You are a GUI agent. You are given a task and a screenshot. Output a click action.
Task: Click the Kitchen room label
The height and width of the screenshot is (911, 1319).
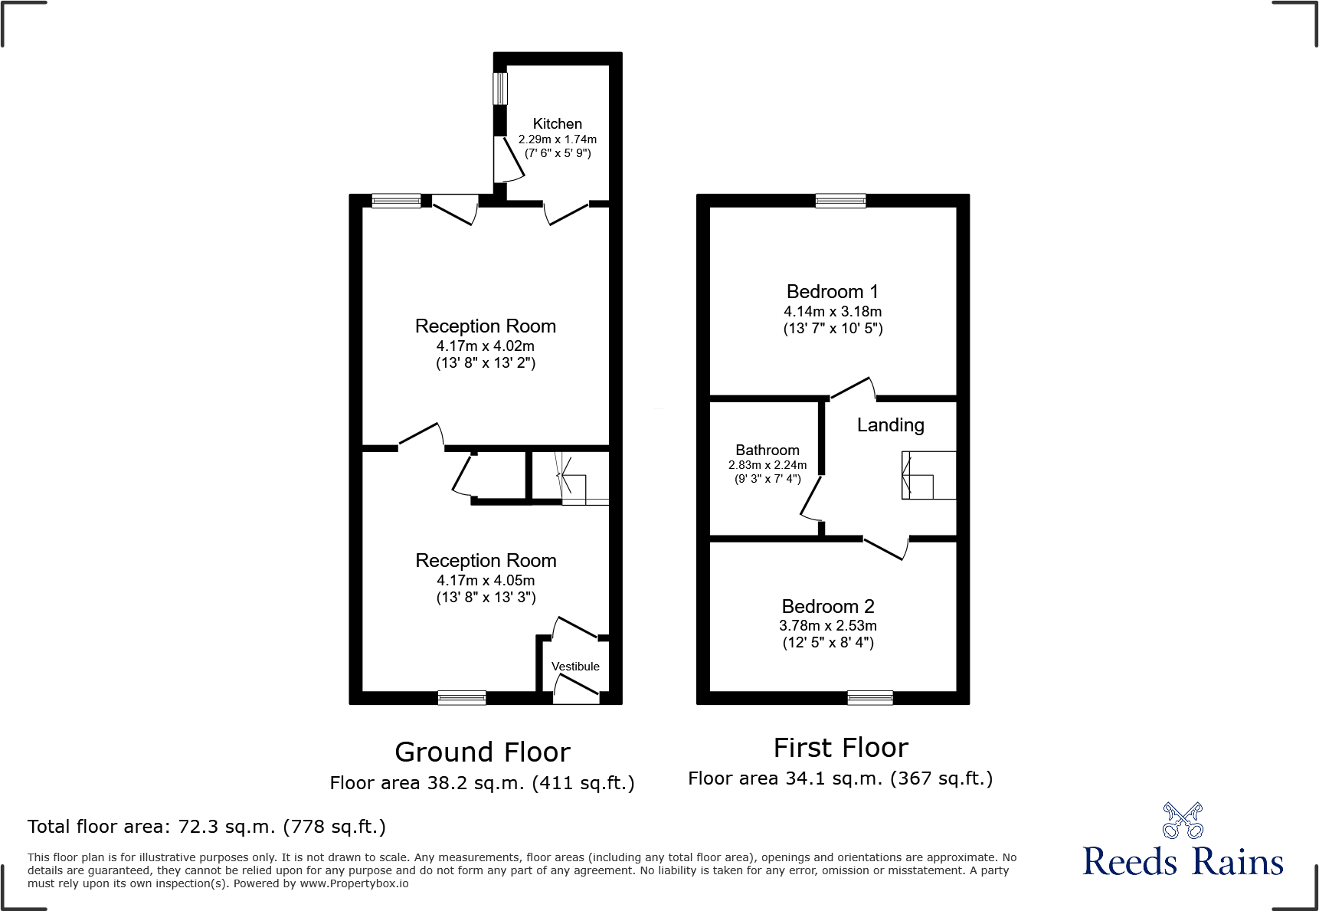(x=557, y=124)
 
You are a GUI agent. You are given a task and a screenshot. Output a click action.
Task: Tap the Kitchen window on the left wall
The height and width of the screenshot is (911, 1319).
(x=500, y=88)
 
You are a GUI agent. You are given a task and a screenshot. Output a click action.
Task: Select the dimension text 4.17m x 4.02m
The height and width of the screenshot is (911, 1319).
(x=486, y=346)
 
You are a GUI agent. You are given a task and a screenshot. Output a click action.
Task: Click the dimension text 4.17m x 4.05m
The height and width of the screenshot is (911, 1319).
(x=486, y=581)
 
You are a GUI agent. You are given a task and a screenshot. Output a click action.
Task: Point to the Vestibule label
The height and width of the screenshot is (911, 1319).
(x=575, y=667)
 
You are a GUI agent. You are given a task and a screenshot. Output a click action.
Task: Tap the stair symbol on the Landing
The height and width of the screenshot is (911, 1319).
(x=928, y=476)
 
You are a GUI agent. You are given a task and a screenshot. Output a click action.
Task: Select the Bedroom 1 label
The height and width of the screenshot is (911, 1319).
(x=832, y=292)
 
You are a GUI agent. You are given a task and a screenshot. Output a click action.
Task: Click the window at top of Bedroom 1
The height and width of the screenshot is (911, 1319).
(x=840, y=201)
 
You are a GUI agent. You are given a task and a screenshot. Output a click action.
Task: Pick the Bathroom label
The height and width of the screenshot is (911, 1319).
(x=767, y=451)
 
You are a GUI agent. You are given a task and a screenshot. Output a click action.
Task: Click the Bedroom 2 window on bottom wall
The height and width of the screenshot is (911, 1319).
(x=869, y=697)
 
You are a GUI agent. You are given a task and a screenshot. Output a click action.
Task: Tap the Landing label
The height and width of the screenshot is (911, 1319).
(x=890, y=425)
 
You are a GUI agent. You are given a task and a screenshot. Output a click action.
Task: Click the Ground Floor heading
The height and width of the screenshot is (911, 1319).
(x=483, y=752)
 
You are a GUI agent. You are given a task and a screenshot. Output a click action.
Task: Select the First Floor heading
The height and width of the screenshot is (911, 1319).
(x=840, y=748)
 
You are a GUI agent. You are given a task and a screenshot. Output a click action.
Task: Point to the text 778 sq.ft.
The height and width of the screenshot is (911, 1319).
(x=334, y=827)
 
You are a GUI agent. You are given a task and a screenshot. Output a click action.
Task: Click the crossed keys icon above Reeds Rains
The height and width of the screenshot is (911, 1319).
(x=1183, y=821)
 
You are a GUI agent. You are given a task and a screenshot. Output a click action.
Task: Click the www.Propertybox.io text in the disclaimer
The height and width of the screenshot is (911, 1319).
(x=354, y=883)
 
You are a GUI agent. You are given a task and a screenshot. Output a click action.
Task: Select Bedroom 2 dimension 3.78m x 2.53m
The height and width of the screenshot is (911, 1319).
(x=827, y=626)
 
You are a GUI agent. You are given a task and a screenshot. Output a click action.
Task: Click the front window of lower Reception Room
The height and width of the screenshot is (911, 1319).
(x=461, y=697)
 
